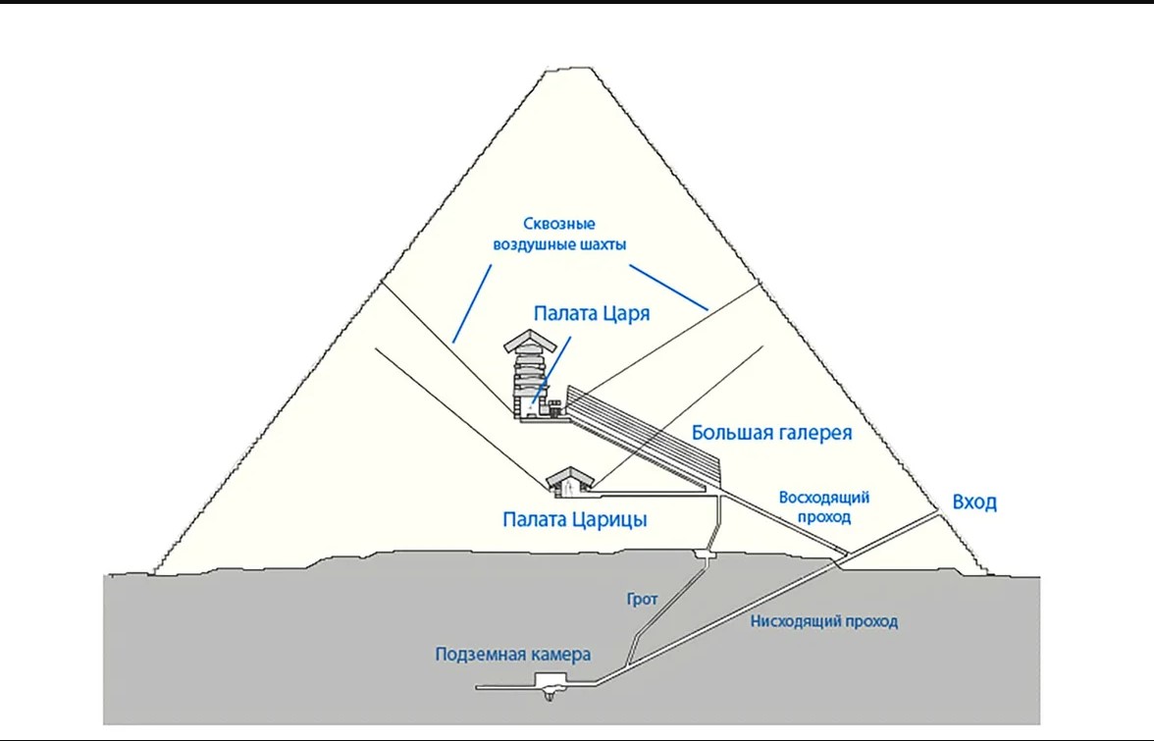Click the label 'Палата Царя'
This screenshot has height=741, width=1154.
pyautogui.click(x=592, y=313)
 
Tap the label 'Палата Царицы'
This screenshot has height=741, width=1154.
pyautogui.click(x=574, y=519)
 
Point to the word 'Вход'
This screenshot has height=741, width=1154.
pyautogui.click(x=974, y=503)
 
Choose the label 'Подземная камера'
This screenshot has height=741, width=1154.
pyautogui.click(x=513, y=655)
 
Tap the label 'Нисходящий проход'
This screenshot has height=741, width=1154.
pyautogui.click(x=824, y=621)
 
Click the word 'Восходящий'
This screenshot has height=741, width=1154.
pyautogui.click(x=825, y=498)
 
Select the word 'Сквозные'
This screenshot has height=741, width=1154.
pyautogui.click(x=558, y=224)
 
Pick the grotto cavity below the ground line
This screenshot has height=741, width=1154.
pyautogui.click(x=703, y=558)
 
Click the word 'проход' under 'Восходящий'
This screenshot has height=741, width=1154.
pyautogui.click(x=825, y=516)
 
